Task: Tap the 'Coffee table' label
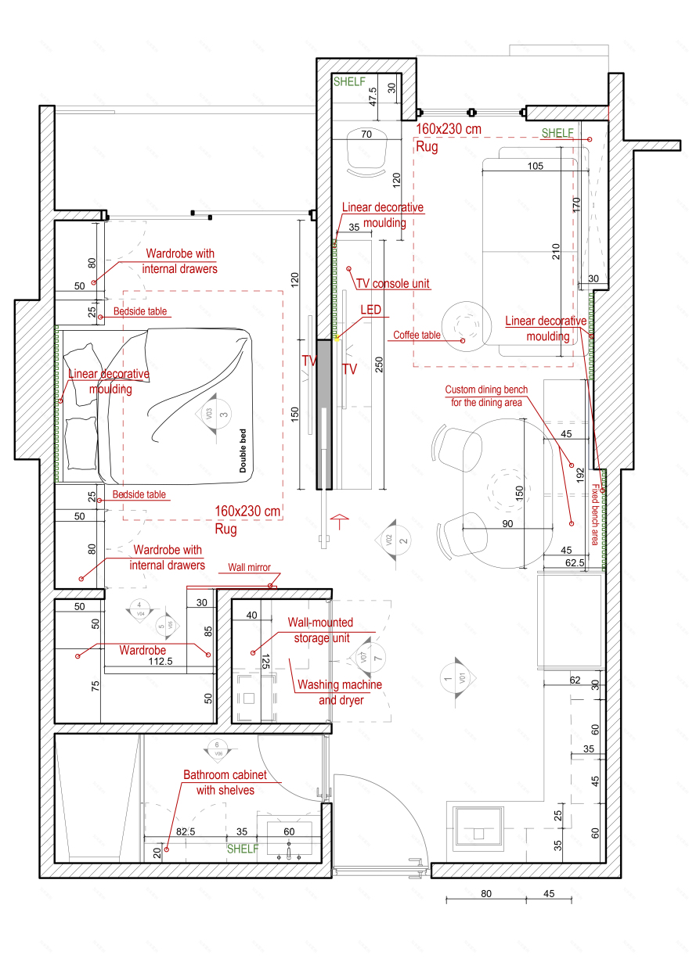pos(417,335)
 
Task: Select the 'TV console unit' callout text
pos(392,283)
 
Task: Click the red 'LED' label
pos(371,311)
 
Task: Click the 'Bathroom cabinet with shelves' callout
pos(225,782)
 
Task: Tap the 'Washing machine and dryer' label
pos(339,692)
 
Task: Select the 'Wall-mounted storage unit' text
pos(321,630)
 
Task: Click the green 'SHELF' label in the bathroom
pos(242,849)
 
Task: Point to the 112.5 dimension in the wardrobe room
pos(161,661)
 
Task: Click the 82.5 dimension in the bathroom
pos(186,832)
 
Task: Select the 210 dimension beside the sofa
pos(557,252)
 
